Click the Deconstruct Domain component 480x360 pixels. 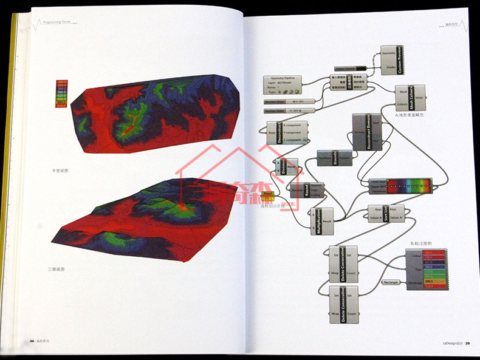pyautogui.click(x=366, y=132)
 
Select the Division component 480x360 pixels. pyautogui.click(x=286, y=167)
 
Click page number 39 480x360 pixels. pyautogui.click(x=468, y=343)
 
